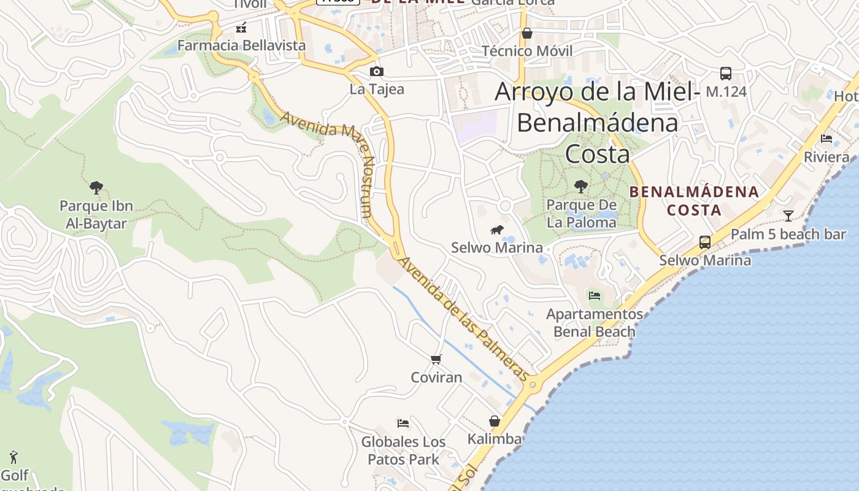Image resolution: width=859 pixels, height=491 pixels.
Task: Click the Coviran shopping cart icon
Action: pos(436,359)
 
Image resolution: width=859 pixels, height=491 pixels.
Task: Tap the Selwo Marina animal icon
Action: pos(496,230)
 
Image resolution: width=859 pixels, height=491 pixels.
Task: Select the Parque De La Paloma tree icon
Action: pos(580,186)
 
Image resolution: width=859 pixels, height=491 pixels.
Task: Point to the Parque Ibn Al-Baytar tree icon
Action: pos(96,187)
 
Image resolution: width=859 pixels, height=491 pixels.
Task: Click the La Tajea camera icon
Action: pos(377,72)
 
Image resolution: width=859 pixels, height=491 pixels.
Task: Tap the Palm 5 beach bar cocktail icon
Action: pos(788,215)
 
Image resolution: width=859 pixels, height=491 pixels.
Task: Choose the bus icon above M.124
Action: pos(726,74)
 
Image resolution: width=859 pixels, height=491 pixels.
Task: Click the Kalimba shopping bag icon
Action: pos(495,421)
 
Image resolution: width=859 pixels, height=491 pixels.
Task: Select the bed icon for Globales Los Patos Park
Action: pos(403,423)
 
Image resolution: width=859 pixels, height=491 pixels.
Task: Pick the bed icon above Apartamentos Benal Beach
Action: pos(594,296)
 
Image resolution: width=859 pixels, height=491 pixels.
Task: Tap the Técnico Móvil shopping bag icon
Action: pos(526,33)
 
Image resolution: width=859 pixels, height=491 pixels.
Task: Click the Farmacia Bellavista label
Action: pos(241,45)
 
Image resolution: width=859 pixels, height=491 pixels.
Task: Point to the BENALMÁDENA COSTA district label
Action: pos(694,201)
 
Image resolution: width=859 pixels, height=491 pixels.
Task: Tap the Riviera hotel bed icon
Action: pos(826,139)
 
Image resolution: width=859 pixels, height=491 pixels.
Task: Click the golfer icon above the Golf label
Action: pos(13,457)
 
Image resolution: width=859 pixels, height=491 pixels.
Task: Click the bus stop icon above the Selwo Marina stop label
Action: pos(705,242)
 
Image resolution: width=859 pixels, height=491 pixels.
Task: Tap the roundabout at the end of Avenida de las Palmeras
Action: pos(533,385)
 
